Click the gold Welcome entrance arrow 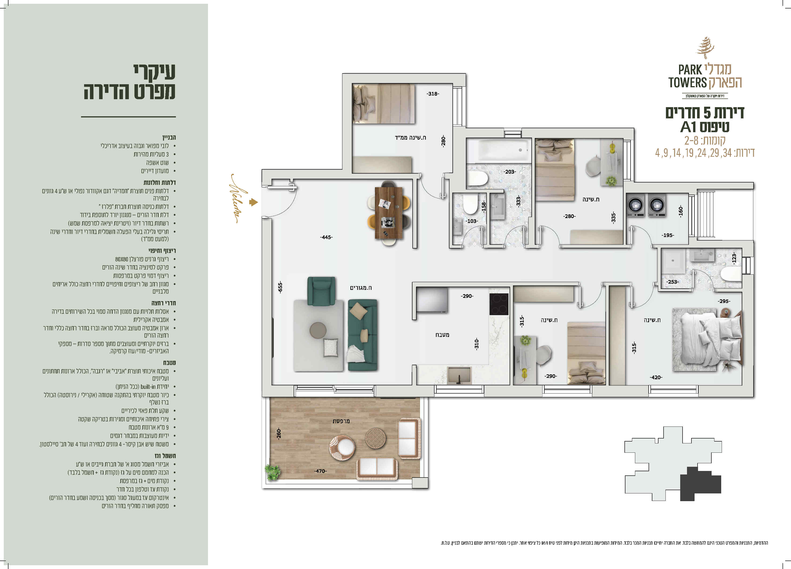pyautogui.click(x=253, y=202)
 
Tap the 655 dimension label pyautogui.click(x=280, y=287)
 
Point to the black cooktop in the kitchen pyautogui.click(x=499, y=304)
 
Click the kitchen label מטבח pyautogui.click(x=442, y=335)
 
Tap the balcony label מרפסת pyautogui.click(x=341, y=421)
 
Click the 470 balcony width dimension pyautogui.click(x=320, y=471)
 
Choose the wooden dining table pyautogui.click(x=389, y=213)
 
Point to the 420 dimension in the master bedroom pyautogui.click(x=656, y=377)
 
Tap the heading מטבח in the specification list pyautogui.click(x=170, y=363)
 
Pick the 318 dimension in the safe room pyautogui.click(x=433, y=94)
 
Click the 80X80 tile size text pyautogui.click(x=122, y=259)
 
